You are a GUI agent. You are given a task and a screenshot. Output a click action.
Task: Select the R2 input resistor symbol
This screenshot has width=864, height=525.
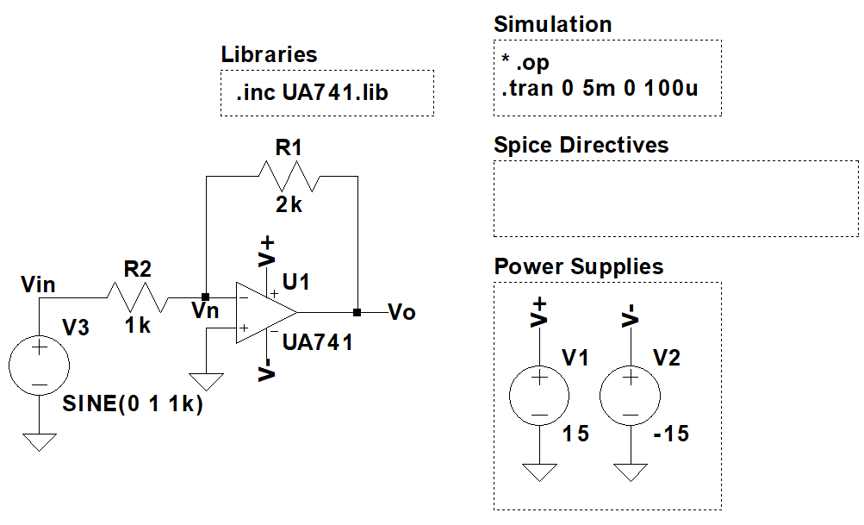point(138,297)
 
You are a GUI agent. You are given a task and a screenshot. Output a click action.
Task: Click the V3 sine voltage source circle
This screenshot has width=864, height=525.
point(40,366)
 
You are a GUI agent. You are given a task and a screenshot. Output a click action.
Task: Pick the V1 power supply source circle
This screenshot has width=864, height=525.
point(538,396)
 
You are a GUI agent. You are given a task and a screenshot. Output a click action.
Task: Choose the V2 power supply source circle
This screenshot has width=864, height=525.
point(630,396)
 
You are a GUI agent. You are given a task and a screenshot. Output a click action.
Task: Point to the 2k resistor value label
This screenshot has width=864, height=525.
point(289,205)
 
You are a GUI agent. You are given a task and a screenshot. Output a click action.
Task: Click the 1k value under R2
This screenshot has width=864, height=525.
point(138,327)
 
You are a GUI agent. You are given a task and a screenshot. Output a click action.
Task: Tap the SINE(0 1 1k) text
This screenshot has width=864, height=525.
point(133,403)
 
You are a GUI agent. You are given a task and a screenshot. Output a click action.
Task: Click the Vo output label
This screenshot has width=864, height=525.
point(402,312)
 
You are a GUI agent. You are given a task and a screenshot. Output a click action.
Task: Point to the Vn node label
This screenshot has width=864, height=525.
point(205,312)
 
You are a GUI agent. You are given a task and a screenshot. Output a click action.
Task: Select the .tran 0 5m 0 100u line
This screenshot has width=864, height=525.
point(600,88)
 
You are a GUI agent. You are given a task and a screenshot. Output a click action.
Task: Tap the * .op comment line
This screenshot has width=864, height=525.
point(525,64)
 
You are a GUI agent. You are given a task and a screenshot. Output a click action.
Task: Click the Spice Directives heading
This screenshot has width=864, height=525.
point(581,145)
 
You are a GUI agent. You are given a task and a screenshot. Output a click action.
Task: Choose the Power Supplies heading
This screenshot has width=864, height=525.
point(579,266)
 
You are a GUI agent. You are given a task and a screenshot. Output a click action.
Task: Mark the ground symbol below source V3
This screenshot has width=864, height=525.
point(40,441)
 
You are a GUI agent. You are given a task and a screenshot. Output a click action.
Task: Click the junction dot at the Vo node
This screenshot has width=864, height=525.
point(357,311)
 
